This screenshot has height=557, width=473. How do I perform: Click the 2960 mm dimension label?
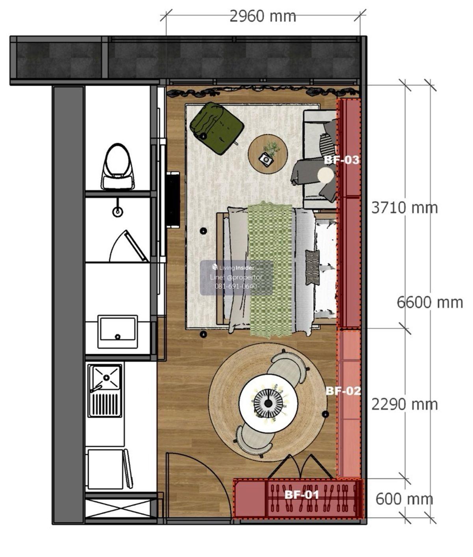[263, 17]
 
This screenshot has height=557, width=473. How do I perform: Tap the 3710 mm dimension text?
[404, 208]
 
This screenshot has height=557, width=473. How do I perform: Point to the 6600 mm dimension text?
[430, 303]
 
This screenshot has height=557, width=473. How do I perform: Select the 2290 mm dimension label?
[404, 404]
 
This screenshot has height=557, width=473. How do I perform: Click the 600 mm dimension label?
[404, 499]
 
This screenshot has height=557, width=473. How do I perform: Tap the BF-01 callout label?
[302, 495]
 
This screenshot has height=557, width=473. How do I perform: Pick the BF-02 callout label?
[343, 391]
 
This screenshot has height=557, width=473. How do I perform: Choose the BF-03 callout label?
[341, 160]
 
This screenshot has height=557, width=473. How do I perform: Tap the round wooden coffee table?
[268, 154]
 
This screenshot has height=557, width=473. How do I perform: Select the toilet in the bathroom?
[117, 166]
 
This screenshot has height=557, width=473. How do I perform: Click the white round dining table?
[268, 403]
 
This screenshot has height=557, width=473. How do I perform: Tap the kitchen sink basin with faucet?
[105, 391]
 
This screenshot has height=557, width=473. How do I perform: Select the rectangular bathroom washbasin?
[117, 332]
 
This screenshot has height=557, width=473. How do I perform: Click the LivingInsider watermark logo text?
[236, 267]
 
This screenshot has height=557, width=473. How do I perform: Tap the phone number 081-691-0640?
[236, 286]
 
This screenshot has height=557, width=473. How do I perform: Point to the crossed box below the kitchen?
[121, 508]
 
